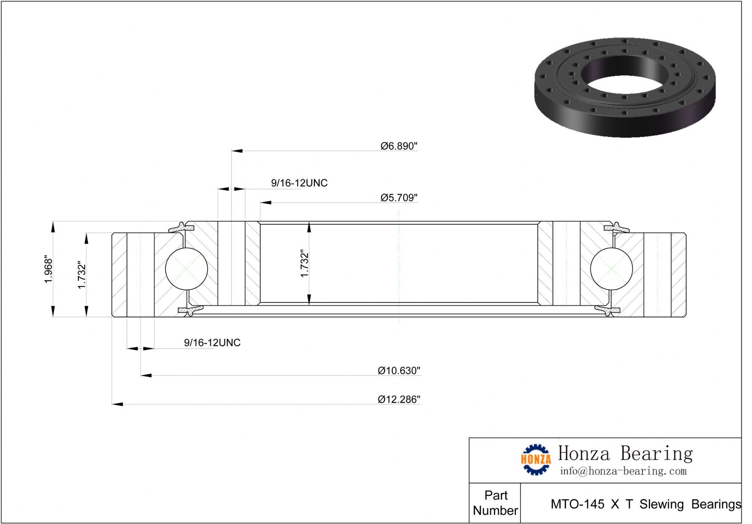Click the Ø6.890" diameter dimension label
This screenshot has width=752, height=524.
coord(399,146)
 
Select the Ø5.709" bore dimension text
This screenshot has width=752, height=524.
coord(399,198)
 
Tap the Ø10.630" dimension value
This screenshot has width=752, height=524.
coord(399,371)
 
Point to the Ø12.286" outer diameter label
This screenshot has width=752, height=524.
coord(399,399)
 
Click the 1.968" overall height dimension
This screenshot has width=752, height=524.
coord(49,269)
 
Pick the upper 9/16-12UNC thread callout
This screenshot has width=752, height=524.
coord(299,183)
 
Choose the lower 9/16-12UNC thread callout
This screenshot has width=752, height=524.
coord(212,343)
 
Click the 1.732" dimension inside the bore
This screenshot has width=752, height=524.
coord(304,264)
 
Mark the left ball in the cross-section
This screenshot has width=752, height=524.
coord(186,269)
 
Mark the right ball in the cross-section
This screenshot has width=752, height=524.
coord(612,269)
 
